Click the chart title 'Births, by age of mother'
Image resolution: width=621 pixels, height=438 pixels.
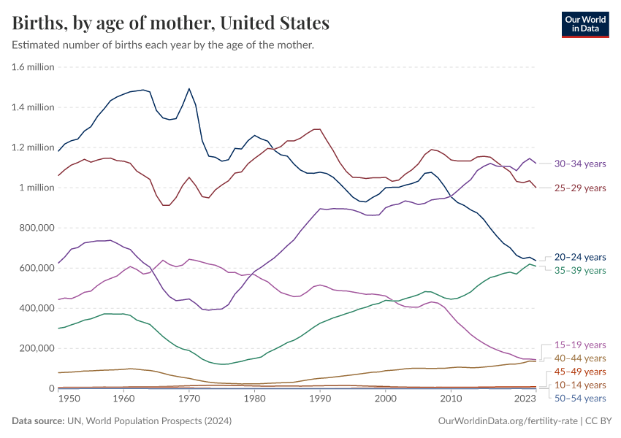pyautogui.click(x=170, y=23)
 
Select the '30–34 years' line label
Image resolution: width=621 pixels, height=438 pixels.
pyautogui.click(x=579, y=164)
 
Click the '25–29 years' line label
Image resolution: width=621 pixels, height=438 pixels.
pyautogui.click(x=579, y=188)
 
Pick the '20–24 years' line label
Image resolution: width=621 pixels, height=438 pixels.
pyautogui.click(x=579, y=257)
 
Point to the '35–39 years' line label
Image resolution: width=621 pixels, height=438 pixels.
pyautogui.click(x=579, y=271)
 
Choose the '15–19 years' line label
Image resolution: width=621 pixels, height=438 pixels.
pyautogui.click(x=579, y=345)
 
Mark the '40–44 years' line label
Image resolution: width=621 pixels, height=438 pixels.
pyautogui.click(x=579, y=358)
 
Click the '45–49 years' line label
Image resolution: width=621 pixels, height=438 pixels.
pyautogui.click(x=579, y=372)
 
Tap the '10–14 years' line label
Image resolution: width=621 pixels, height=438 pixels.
pyautogui.click(x=579, y=385)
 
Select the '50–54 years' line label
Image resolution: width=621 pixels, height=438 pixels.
pyautogui.click(x=579, y=399)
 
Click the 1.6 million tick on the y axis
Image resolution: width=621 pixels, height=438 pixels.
pyautogui.click(x=33, y=67)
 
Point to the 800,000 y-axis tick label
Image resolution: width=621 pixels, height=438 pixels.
pyautogui.click(x=34, y=228)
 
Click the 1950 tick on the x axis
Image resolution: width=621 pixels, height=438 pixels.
pyautogui.click(x=69, y=399)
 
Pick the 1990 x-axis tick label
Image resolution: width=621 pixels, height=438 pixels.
pyautogui.click(x=320, y=399)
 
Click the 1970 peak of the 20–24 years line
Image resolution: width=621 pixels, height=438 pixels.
pyautogui.click(x=189, y=89)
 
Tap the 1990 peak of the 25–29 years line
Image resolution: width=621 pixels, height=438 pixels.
pyautogui.click(x=318, y=129)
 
